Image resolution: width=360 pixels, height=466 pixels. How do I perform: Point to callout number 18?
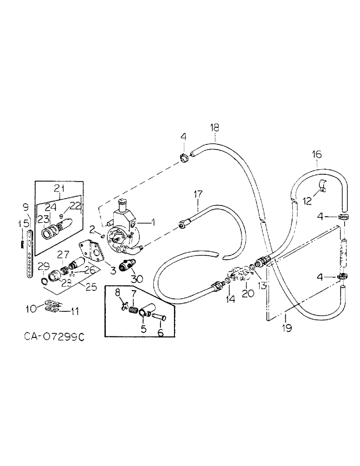214,127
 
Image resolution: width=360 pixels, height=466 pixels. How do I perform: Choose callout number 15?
21,224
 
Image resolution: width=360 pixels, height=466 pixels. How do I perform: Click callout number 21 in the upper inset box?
60,188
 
